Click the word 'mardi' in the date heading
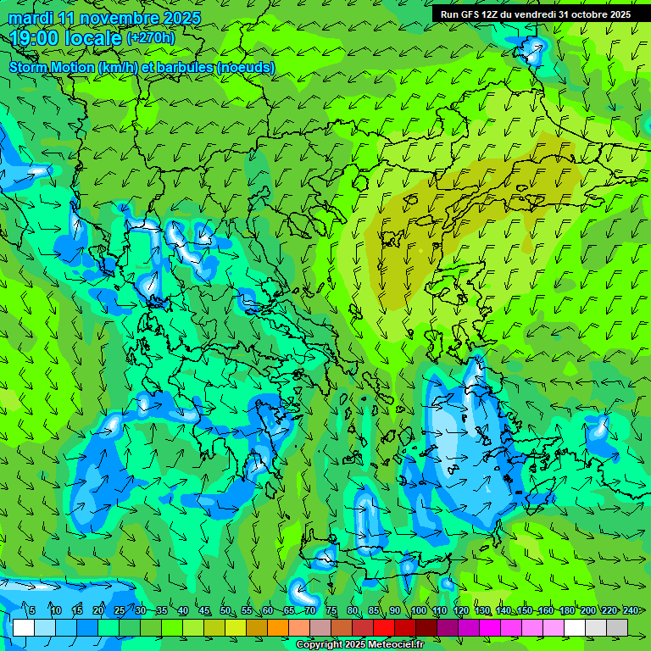(30, 18)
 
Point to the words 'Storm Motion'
(52, 67)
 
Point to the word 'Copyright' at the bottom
(319, 645)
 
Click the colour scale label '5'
(32, 610)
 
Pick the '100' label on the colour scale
(418, 610)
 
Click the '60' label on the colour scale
(268, 610)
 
